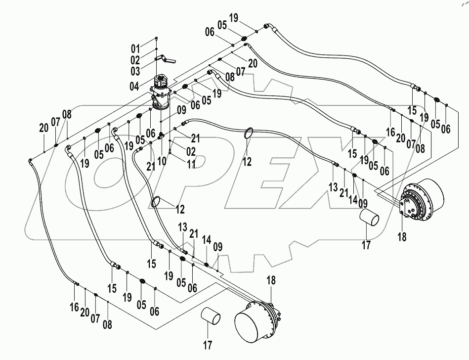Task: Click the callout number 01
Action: (x=135, y=48)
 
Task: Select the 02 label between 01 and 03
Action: (x=135, y=59)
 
